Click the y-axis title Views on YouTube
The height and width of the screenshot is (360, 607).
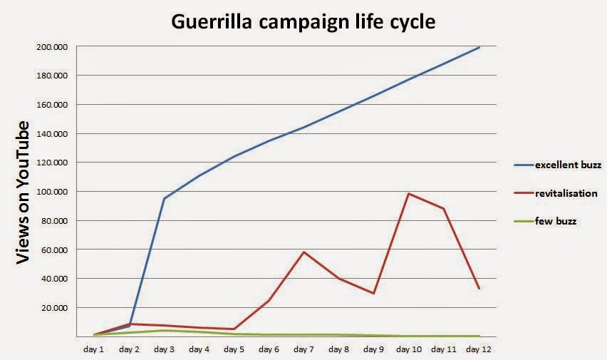pos(23,192)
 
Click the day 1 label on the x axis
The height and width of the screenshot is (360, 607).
pos(94,349)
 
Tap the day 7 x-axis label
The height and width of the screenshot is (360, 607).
pos(303,349)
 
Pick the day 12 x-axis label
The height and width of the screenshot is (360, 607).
pos(479,349)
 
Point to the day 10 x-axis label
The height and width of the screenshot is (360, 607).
pos(409,349)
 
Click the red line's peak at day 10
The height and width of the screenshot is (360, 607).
pos(409,193)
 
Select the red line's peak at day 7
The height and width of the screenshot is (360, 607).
pos(303,252)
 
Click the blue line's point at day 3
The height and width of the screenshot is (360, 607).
pos(164,198)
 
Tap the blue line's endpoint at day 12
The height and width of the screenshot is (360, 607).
pos(479,47)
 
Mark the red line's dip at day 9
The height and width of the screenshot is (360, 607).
pos(374,293)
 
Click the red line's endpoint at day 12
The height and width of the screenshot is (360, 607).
pos(479,288)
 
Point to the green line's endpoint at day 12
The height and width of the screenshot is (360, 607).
pos(479,336)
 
